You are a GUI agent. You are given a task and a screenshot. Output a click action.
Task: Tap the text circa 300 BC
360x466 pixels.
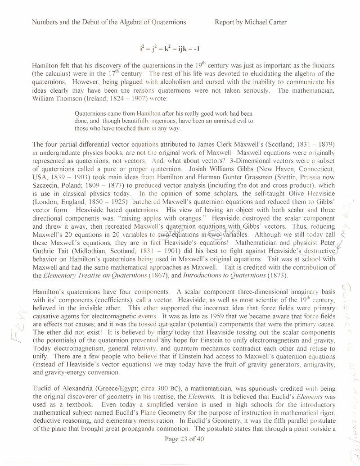click(161, 387)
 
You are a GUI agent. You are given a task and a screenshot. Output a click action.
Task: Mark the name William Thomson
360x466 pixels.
click(54, 98)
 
